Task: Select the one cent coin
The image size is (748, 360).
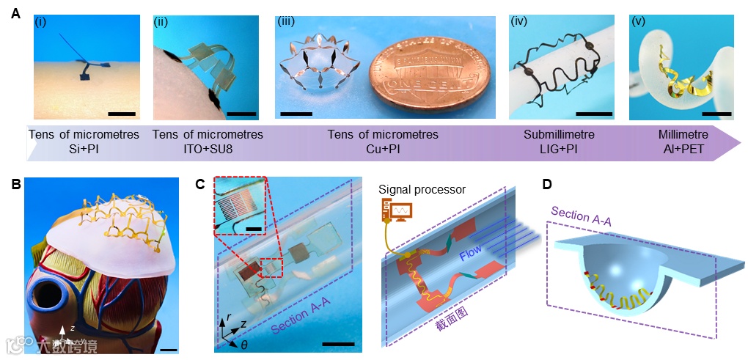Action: pyautogui.click(x=429, y=73)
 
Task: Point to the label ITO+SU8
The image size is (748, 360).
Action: pyautogui.click(x=206, y=149)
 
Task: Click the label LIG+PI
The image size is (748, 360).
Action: pyautogui.click(x=559, y=149)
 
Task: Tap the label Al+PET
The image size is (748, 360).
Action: pyautogui.click(x=682, y=149)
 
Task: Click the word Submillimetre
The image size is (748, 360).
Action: pyautogui.click(x=559, y=136)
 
